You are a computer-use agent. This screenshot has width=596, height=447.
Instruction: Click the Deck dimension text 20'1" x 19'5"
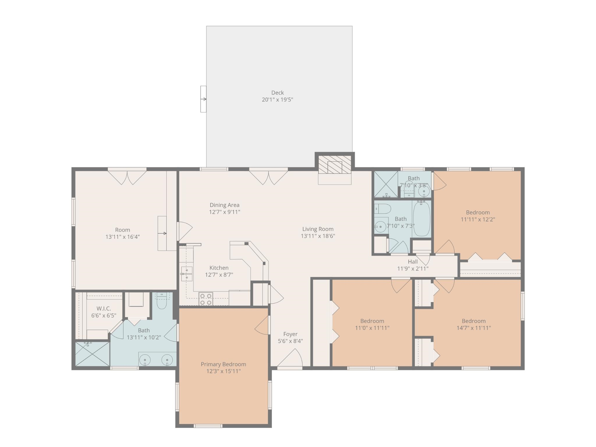277,100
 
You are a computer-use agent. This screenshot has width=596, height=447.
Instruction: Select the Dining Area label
224,205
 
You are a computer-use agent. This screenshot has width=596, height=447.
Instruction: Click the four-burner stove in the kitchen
205,299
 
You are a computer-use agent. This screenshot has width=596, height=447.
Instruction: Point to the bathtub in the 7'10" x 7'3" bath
421,219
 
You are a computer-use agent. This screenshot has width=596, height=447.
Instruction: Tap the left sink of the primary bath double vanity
145,360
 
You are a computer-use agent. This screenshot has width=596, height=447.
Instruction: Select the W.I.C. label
104,308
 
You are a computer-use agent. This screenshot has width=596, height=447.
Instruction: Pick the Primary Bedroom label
223,364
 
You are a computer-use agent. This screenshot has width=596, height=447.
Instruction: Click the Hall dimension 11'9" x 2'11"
413,269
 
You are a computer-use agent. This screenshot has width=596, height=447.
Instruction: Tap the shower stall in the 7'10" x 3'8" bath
385,184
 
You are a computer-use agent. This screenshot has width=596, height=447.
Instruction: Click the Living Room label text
317,229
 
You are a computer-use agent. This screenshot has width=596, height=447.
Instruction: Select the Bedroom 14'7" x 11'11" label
473,321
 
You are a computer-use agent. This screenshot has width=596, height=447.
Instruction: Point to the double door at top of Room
127,177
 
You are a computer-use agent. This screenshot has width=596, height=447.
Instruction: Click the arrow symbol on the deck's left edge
203,99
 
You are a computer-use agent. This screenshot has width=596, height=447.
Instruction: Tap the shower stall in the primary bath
92,354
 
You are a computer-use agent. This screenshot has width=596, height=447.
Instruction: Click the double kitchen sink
187,274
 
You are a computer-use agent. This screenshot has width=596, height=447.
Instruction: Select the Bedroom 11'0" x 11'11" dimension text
372,328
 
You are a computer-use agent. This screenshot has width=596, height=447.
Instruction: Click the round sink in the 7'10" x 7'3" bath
380,227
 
